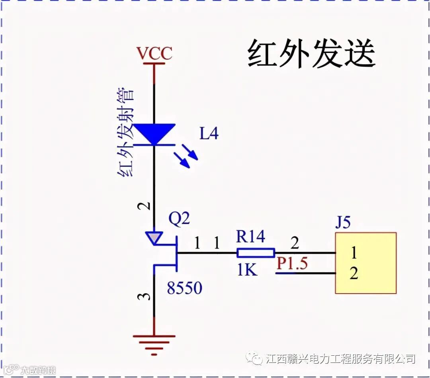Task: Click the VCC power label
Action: click(154, 54)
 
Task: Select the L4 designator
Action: click(209, 134)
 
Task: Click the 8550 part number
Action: click(184, 288)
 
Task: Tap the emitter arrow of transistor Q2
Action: click(153, 237)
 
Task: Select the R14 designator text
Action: click(250, 237)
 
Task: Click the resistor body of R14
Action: click(256, 253)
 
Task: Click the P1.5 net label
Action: click(292, 264)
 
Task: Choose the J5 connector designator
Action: click(342, 223)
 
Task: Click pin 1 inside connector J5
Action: click(354, 253)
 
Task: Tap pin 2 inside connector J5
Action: click(354, 274)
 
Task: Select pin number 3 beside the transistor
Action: click(146, 297)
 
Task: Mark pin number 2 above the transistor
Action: click(146, 206)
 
